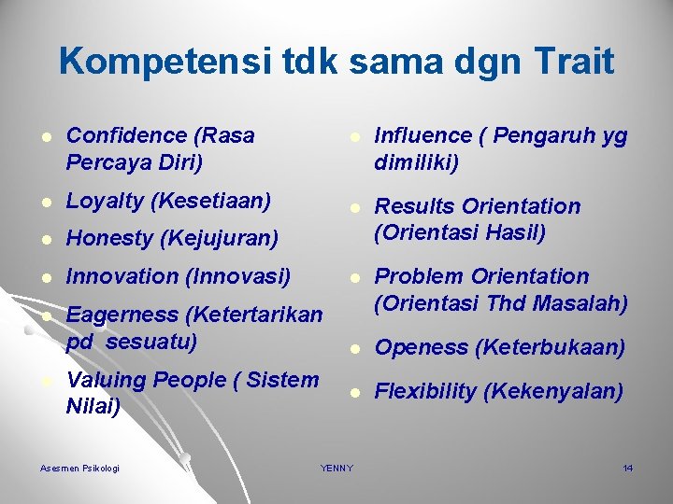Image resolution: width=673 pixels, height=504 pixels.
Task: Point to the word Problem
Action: click(419, 276)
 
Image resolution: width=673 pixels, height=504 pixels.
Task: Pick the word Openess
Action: click(421, 347)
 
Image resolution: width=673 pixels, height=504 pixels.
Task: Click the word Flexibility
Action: click(425, 391)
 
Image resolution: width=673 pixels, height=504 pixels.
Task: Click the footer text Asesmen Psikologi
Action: click(80, 468)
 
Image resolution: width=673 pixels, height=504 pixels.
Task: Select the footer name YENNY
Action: click(336, 468)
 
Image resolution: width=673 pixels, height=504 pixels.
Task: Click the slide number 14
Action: click(627, 468)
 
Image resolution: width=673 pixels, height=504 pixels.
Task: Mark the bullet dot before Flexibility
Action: click(355, 393)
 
